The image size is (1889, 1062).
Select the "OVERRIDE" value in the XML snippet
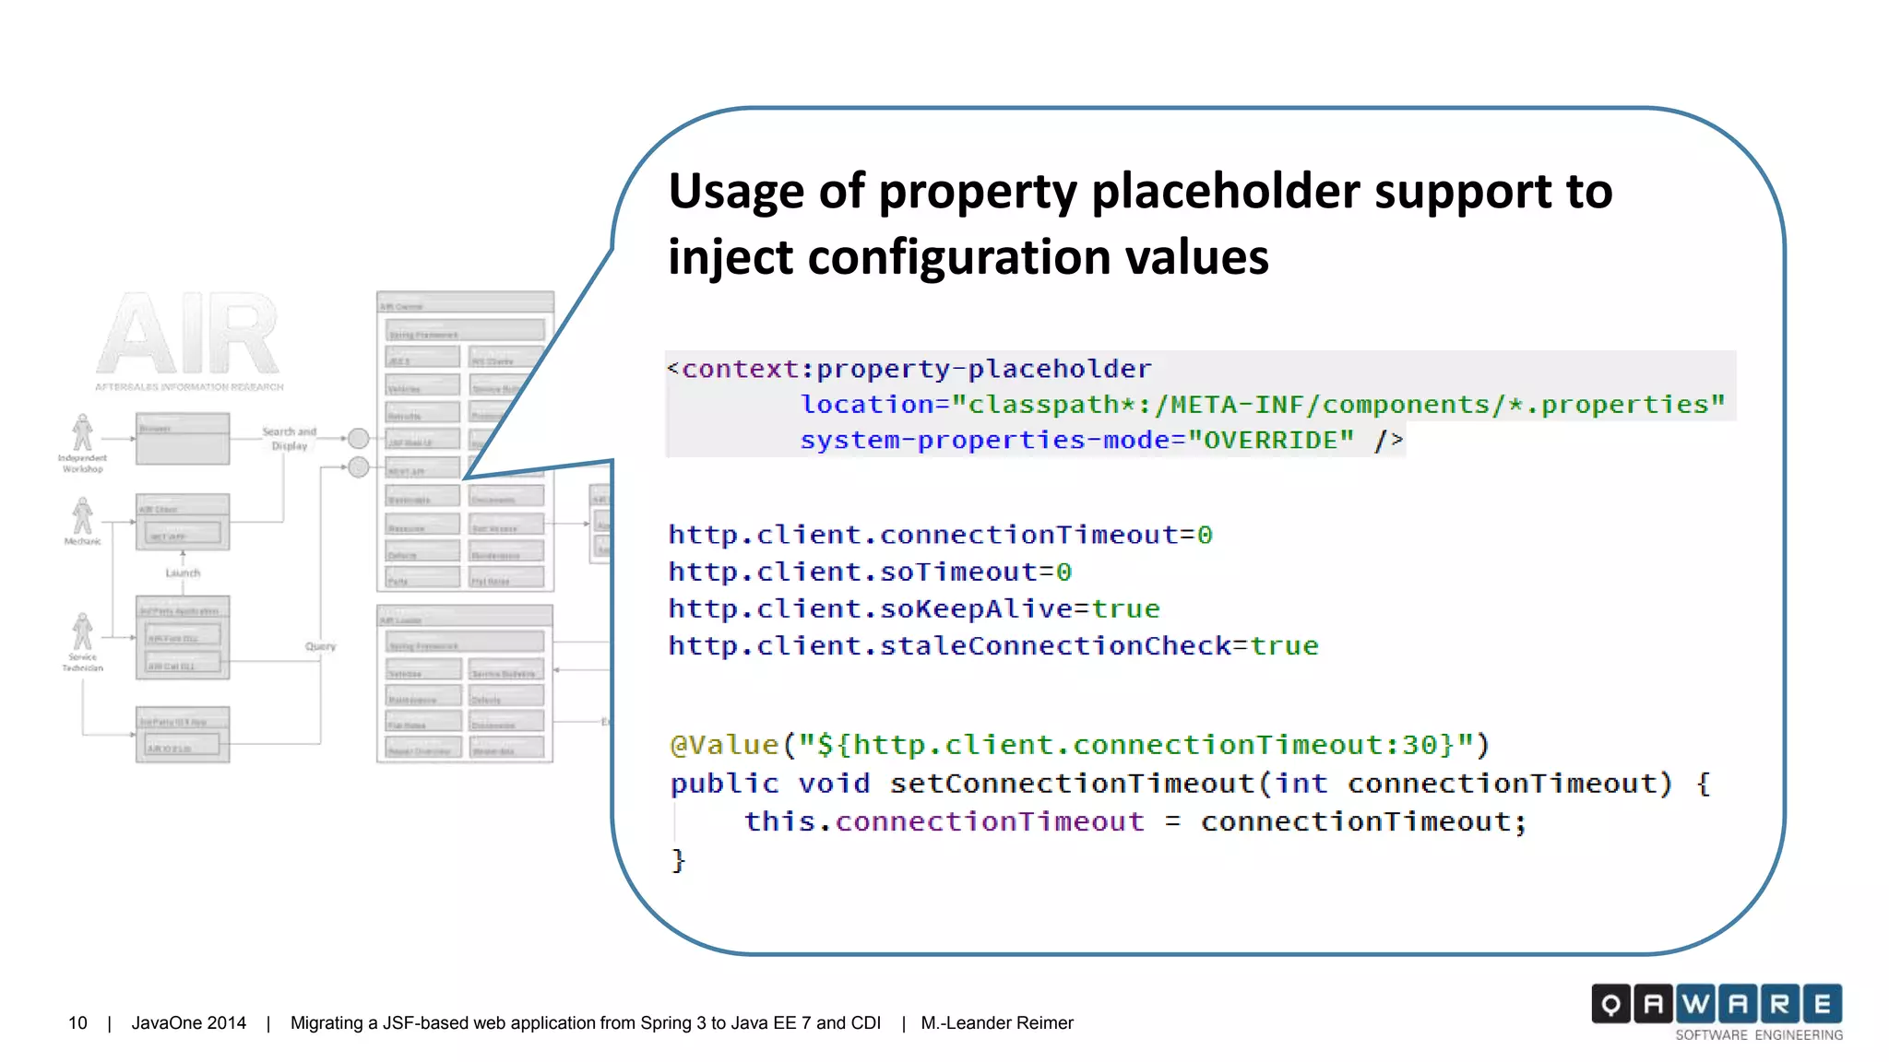(x=1271, y=441)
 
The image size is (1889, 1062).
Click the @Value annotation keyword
(x=725, y=745)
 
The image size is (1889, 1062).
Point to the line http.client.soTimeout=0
(x=870, y=572)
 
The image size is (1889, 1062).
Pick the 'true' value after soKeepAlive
(x=1125, y=609)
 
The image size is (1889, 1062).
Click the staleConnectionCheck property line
(x=993, y=646)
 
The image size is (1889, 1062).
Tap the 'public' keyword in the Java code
(x=724, y=784)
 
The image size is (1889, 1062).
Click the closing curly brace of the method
(x=678, y=860)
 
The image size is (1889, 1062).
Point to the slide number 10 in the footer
(x=77, y=1023)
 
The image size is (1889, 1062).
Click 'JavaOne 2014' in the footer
(x=189, y=1023)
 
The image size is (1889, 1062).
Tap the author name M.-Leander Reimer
(x=997, y=1023)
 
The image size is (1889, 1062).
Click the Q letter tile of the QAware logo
(x=1610, y=1004)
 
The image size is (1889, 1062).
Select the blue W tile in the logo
(x=1695, y=1004)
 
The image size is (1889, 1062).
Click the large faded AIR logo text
(x=188, y=334)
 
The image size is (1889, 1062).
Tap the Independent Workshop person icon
(x=83, y=432)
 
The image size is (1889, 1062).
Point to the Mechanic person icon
(x=83, y=515)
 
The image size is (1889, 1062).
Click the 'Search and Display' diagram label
(x=289, y=439)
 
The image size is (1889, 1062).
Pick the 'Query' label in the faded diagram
(x=320, y=646)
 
